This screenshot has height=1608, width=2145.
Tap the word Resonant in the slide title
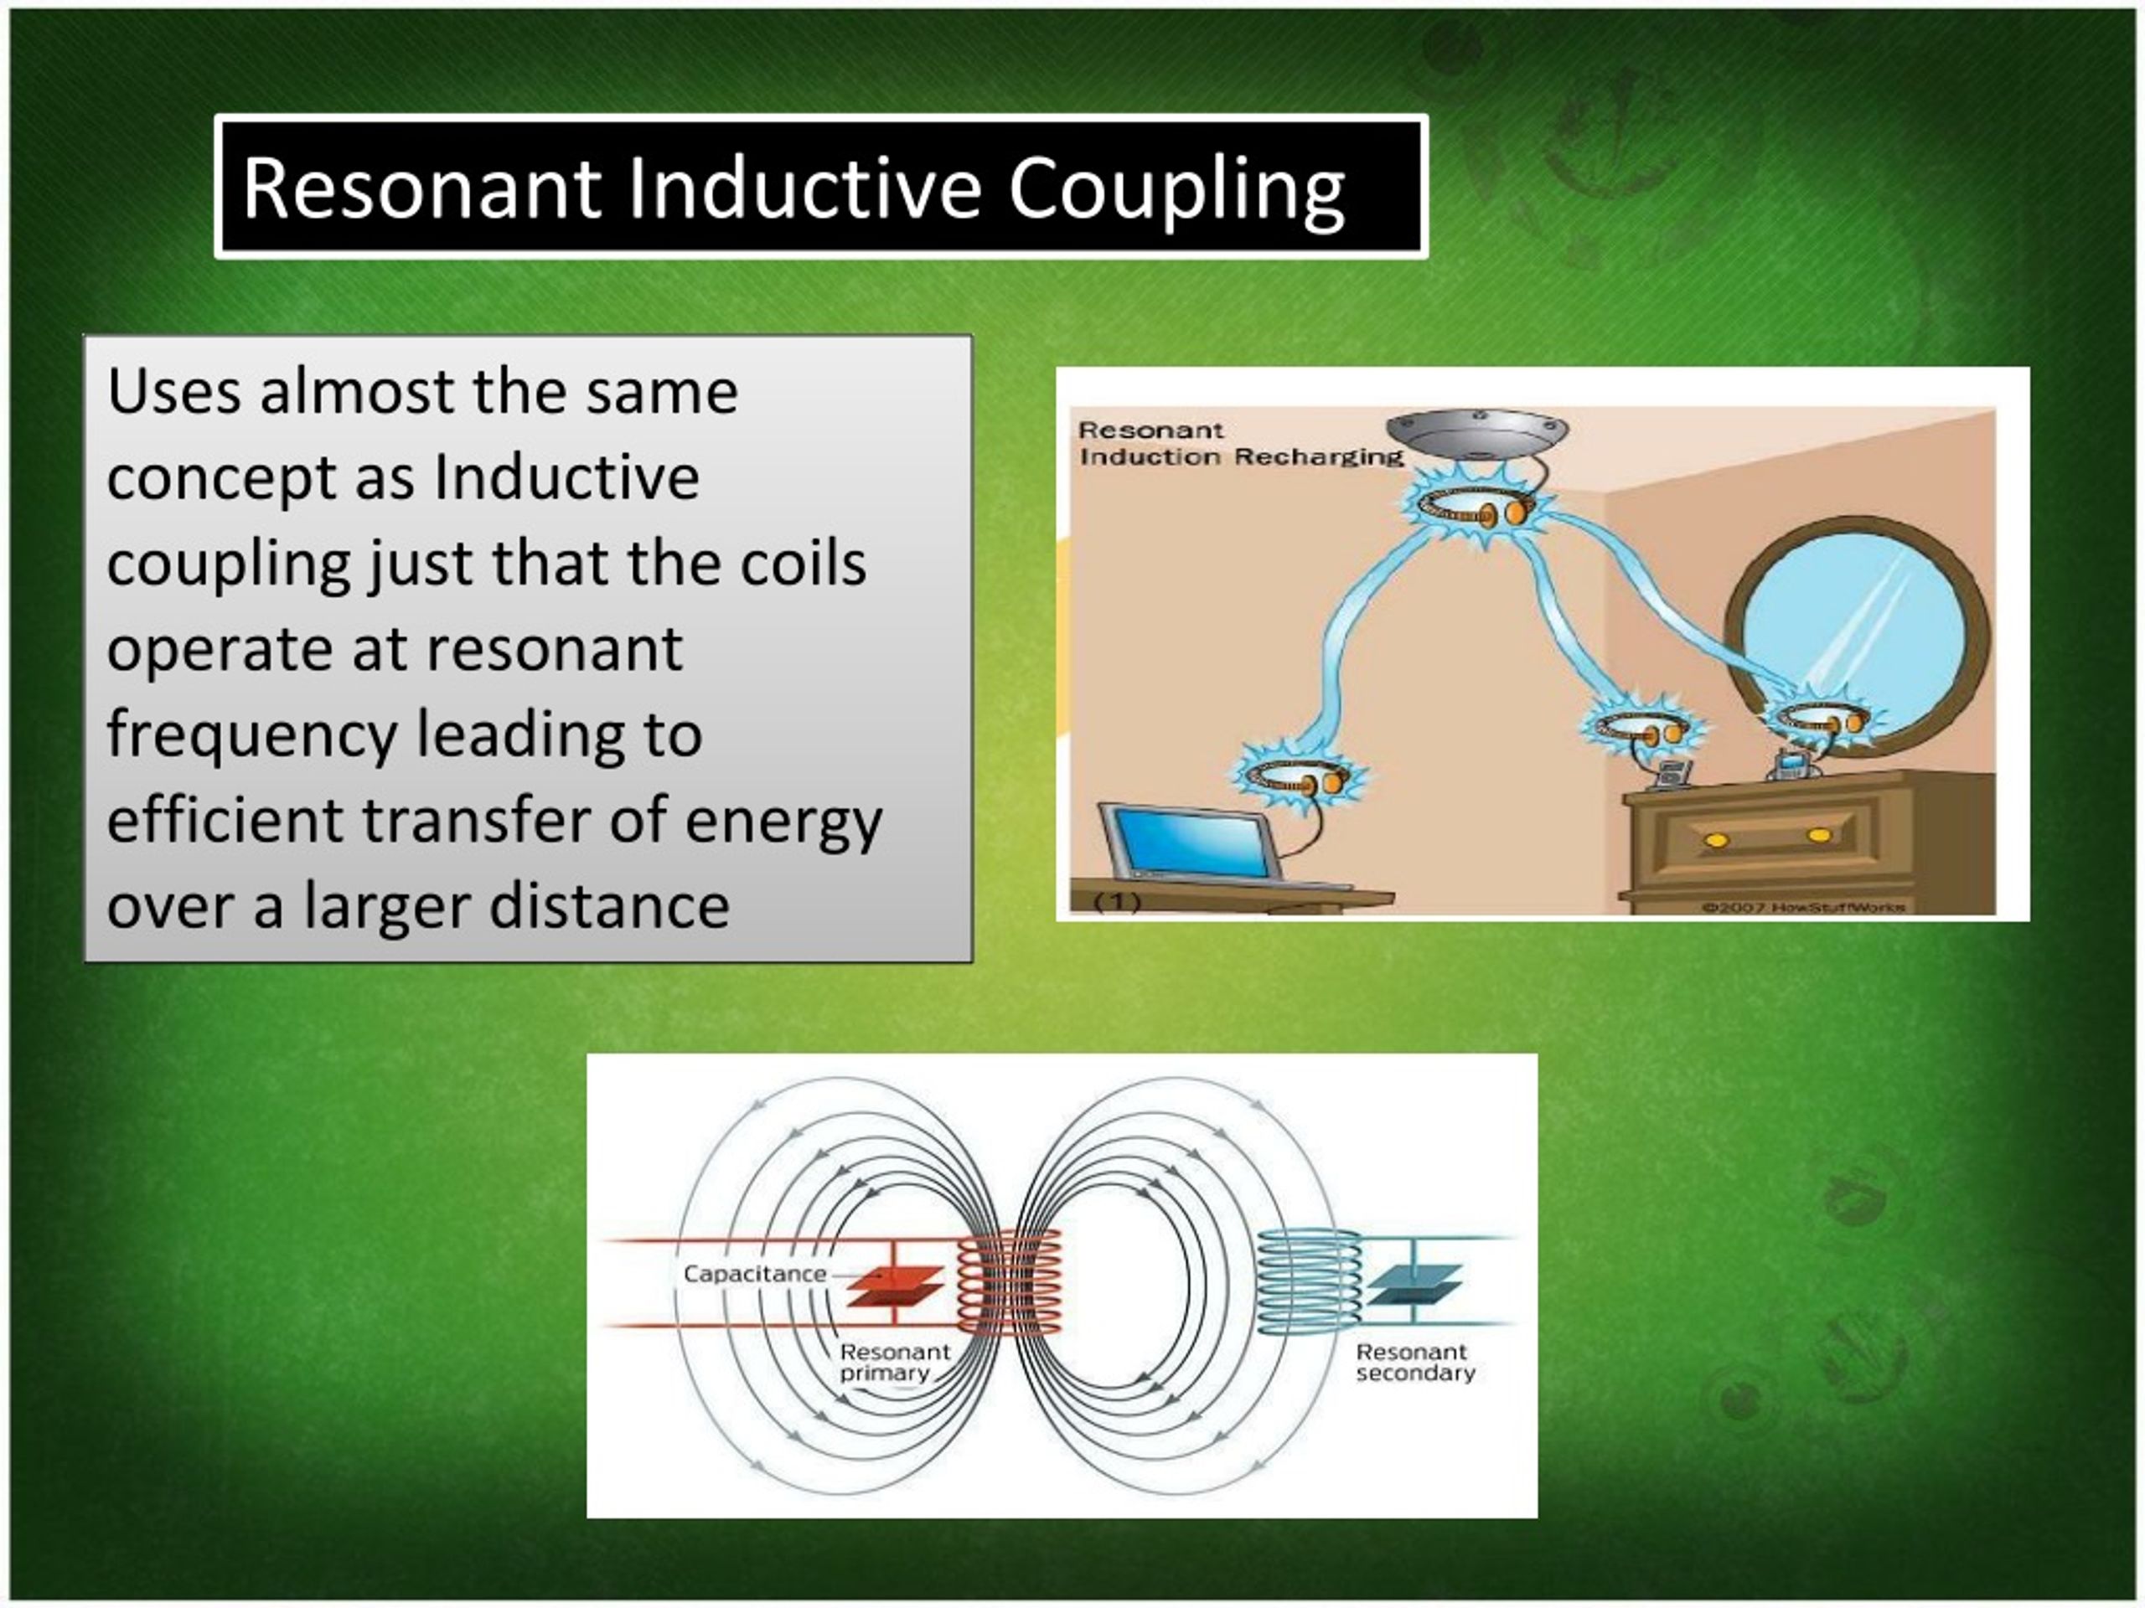pyautogui.click(x=421, y=188)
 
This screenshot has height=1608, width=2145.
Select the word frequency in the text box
pyautogui.click(x=251, y=735)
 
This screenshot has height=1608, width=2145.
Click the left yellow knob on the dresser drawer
pyautogui.click(x=1715, y=839)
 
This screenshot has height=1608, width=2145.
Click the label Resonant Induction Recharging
pyautogui.click(x=1239, y=444)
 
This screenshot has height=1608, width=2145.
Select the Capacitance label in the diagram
pyautogui.click(x=753, y=1274)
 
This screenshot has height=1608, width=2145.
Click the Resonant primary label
pyautogui.click(x=893, y=1362)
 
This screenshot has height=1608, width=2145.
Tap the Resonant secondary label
pyautogui.click(x=1414, y=1362)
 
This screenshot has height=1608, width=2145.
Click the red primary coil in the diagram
pyautogui.click(x=1010, y=1281)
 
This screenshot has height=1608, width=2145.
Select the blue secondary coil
pyautogui.click(x=1308, y=1281)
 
